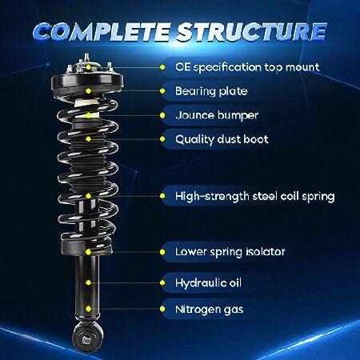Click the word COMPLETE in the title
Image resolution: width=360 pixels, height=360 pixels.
click(x=102, y=32)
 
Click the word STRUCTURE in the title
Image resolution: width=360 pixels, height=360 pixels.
click(x=251, y=32)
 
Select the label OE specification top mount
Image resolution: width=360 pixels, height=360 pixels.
click(x=247, y=67)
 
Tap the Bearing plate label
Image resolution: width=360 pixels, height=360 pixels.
click(x=211, y=91)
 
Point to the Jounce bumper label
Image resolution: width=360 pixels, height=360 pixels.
click(x=217, y=115)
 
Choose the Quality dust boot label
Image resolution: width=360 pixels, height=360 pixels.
click(x=222, y=139)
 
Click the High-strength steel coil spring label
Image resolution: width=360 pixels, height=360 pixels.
click(x=254, y=196)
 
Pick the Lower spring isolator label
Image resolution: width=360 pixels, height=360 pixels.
click(x=230, y=252)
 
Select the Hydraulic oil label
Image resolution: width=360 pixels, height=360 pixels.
click(x=208, y=282)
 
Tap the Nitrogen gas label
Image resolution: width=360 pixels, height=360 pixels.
click(x=209, y=310)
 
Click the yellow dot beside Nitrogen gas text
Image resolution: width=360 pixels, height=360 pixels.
click(x=162, y=309)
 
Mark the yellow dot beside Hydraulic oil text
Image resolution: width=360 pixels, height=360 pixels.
click(x=162, y=282)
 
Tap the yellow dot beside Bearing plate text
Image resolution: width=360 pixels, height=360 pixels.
click(x=162, y=91)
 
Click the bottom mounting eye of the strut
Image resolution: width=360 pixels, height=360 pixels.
click(x=87, y=338)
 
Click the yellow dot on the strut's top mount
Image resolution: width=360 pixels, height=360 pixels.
click(x=89, y=67)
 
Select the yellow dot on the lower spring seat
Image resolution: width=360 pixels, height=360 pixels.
click(x=89, y=252)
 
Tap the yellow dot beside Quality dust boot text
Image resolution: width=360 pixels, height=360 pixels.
click(x=162, y=139)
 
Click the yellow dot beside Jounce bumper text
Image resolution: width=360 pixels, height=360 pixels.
click(x=162, y=115)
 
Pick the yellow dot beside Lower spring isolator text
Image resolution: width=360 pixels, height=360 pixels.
click(x=162, y=252)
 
